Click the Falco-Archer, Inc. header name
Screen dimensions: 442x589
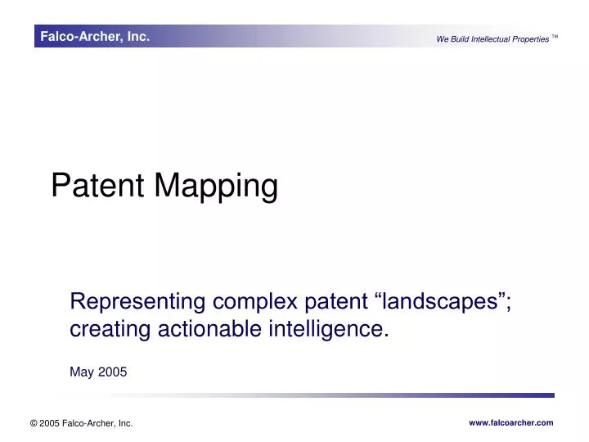[x=95, y=36]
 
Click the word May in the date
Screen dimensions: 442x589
[x=83, y=372]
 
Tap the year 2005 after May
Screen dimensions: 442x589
[x=113, y=372]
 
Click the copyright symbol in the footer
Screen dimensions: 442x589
[x=34, y=423]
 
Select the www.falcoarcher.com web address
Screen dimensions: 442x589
[x=510, y=422]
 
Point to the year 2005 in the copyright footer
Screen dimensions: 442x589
[x=51, y=423]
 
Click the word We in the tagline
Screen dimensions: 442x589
[x=442, y=39]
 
